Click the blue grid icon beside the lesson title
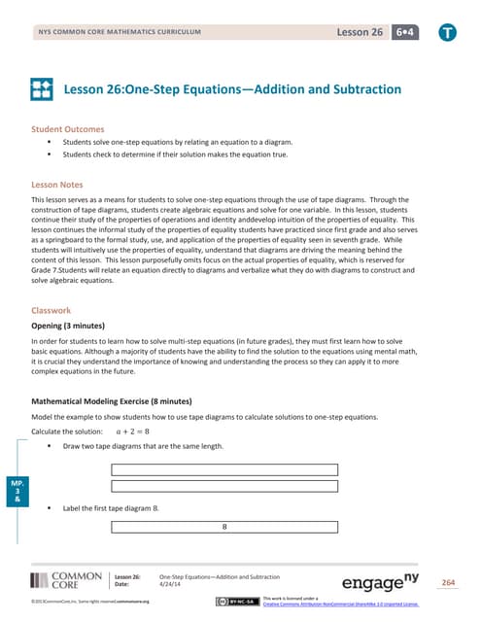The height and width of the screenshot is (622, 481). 43,89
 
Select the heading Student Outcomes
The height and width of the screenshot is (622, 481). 69,127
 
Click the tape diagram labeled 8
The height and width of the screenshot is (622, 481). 224,528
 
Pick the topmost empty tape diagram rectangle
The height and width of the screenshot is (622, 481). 224,469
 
